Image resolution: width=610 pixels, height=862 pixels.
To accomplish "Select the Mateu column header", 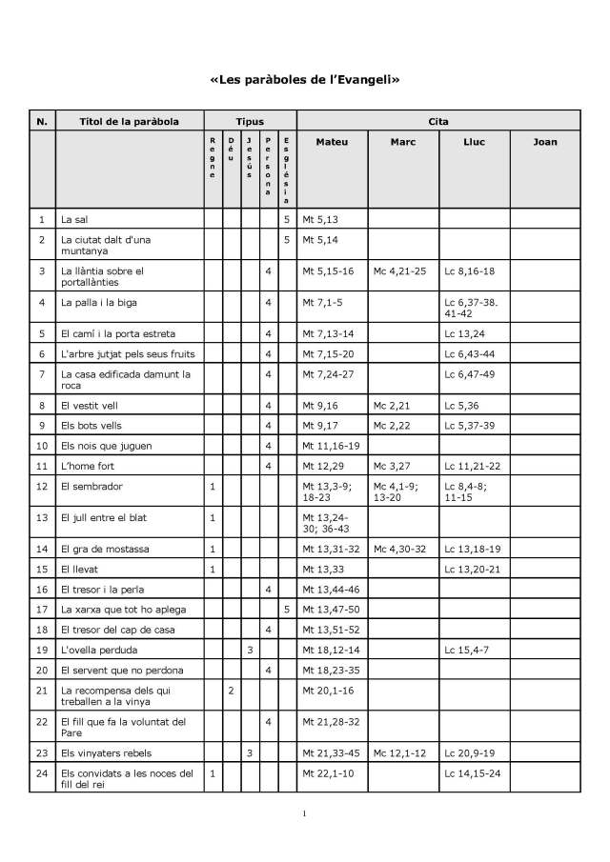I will [332, 142].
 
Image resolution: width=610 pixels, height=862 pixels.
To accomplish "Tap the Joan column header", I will [544, 142].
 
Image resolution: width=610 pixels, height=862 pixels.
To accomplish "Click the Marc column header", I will [402, 142].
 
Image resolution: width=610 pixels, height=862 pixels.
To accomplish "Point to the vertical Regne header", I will [213, 159].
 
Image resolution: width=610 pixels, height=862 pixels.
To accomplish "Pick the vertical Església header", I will [287, 170].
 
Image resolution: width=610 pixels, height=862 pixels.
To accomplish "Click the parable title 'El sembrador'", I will [88, 487].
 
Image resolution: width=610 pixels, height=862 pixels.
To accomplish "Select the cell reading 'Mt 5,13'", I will [319, 220].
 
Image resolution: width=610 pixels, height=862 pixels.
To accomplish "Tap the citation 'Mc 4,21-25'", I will [400, 271].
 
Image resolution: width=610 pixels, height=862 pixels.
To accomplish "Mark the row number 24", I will [41, 772].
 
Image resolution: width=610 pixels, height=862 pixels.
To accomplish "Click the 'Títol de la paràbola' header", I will [130, 122].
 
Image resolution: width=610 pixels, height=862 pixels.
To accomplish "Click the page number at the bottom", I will [304, 813].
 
